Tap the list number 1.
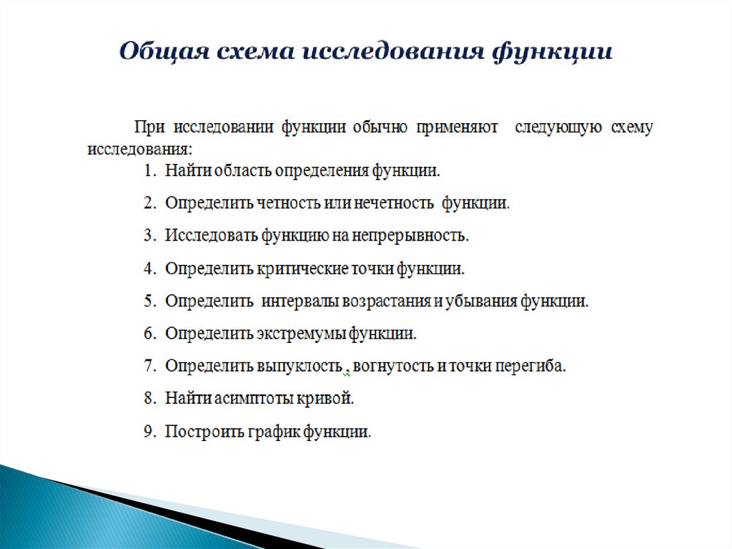click(x=149, y=171)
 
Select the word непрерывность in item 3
click(x=412, y=235)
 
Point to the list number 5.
click(x=149, y=301)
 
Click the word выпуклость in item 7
click(x=297, y=366)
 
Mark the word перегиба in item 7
click(x=536, y=366)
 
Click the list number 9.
click(x=149, y=432)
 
